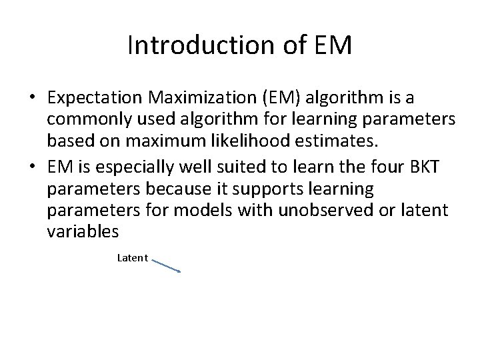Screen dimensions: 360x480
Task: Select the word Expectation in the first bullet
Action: point(96,99)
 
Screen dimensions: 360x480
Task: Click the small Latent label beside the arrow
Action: point(132,257)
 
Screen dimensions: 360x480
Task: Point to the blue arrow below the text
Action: point(167,265)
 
